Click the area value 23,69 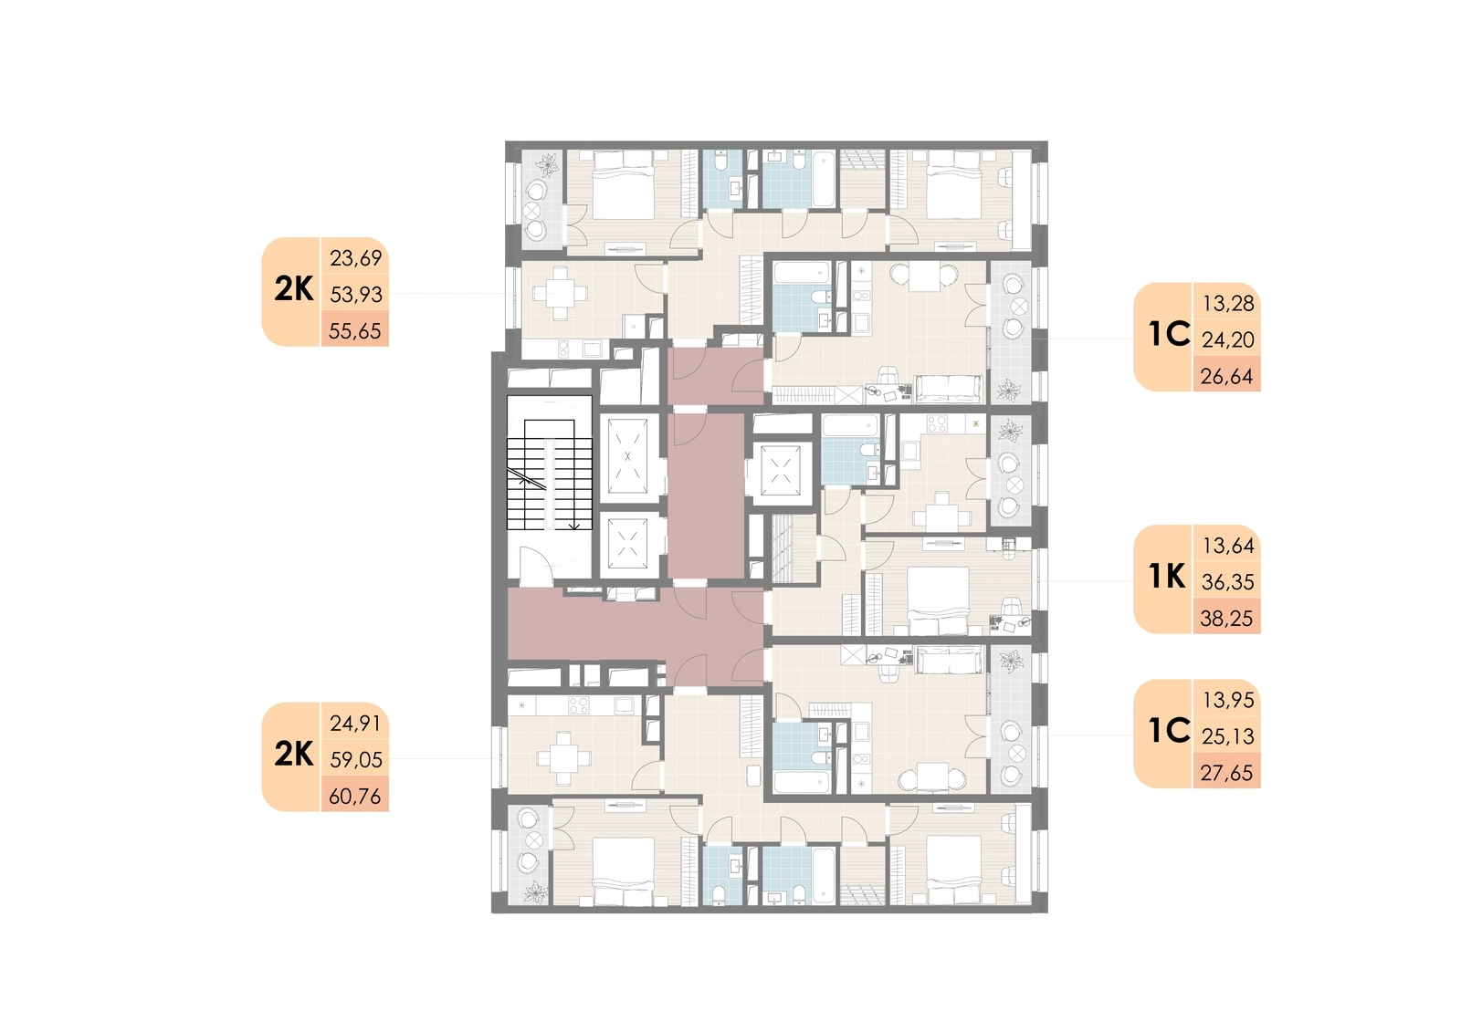coord(355,259)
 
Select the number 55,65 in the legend coord(355,331)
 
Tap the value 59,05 coord(355,759)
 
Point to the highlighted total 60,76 coord(355,796)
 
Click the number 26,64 coord(1227,377)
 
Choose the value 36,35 coord(1227,582)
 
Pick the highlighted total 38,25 coord(1227,619)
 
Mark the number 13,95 coord(1228,700)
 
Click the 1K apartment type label coord(1167,577)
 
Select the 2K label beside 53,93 coord(293,289)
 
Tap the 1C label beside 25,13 coord(1170,731)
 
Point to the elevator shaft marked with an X coord(627,456)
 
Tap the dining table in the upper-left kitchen coord(561,294)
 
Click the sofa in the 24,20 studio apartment coord(949,390)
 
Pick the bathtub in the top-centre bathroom coord(824,179)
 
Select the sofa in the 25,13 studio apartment coord(949,660)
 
